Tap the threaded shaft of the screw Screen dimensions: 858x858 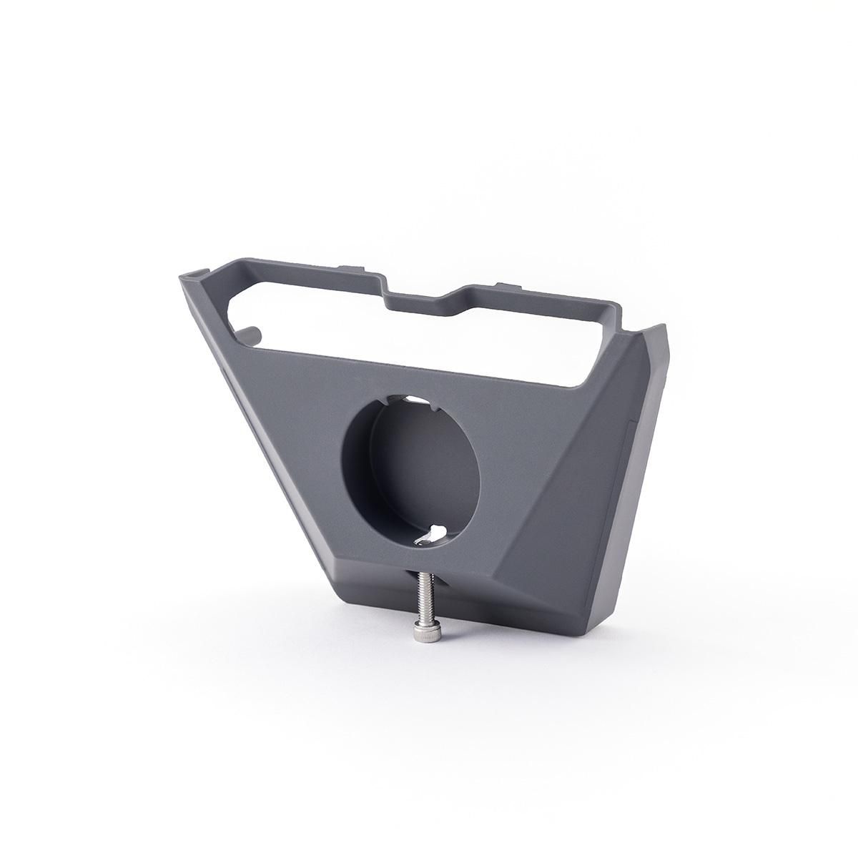coord(417,596)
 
